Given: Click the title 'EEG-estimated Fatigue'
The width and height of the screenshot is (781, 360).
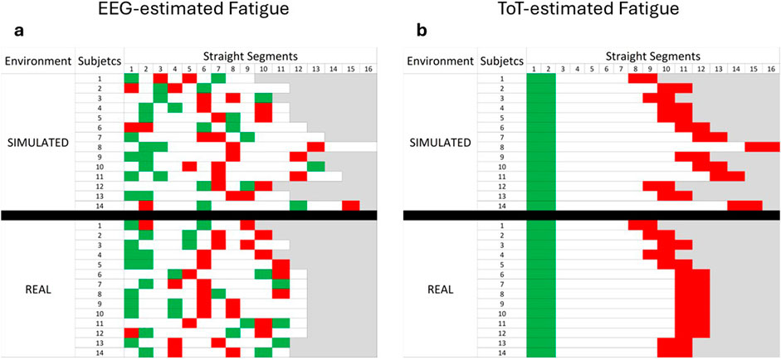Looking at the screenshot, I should tap(190, 12).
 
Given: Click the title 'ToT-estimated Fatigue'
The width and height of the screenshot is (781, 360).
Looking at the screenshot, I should tap(590, 12).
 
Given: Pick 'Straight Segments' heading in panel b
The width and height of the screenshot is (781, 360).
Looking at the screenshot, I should tap(652, 53).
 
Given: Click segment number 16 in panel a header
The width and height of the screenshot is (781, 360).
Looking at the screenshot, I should tap(369, 68).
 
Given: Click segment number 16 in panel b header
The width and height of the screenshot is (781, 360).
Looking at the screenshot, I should tap(771, 68).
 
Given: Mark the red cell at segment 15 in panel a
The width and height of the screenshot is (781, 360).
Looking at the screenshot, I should tap(351, 205).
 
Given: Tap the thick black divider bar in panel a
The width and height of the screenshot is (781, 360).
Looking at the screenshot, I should tap(189, 215).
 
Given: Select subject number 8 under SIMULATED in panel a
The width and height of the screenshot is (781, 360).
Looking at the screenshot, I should tap(99, 147).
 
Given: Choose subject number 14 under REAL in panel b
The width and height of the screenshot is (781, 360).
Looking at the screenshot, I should tap(500, 353).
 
